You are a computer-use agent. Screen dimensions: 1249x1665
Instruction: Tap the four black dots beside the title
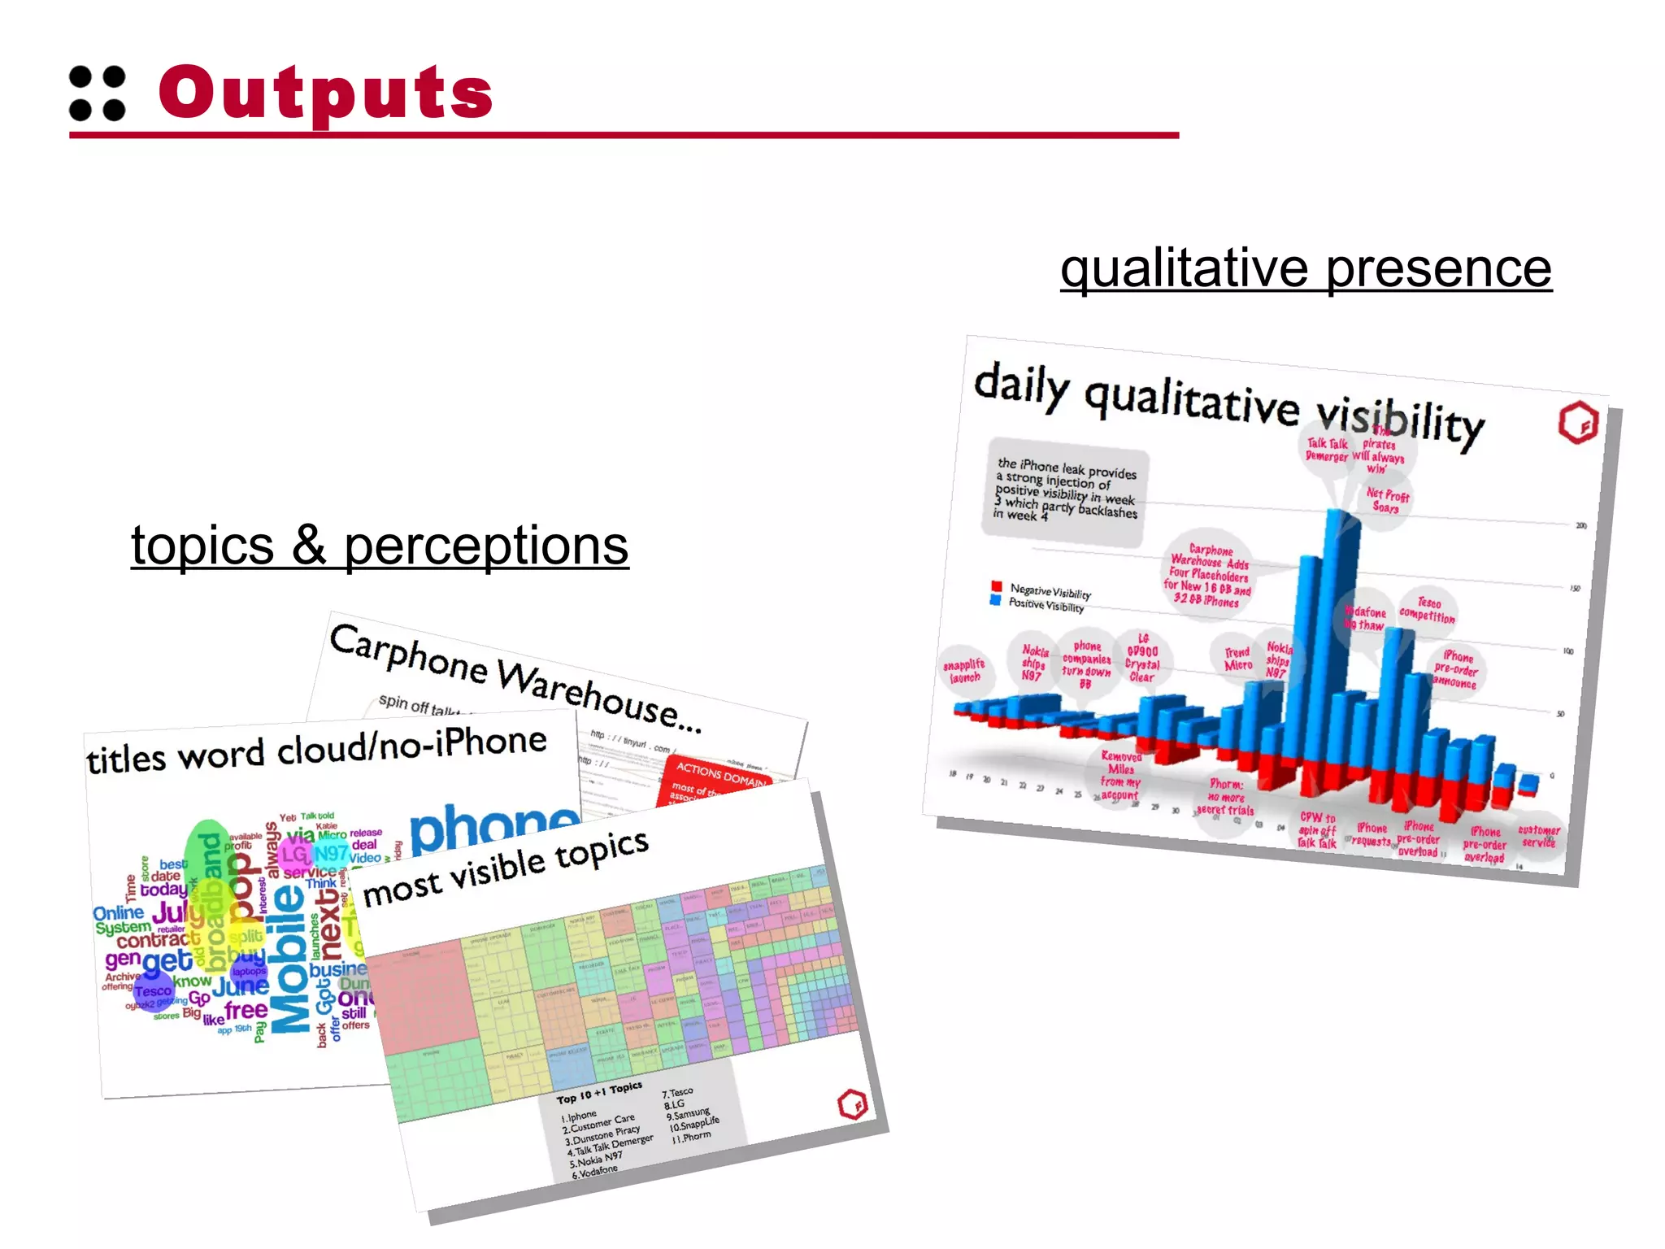click(98, 93)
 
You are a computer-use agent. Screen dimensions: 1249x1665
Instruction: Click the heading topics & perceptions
click(380, 545)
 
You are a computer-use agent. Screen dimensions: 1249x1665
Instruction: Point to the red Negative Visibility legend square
click(997, 585)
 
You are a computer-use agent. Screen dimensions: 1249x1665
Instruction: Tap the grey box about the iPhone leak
click(1065, 490)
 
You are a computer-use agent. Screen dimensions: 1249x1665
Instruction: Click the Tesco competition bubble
click(1428, 610)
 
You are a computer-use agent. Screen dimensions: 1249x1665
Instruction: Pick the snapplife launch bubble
click(965, 671)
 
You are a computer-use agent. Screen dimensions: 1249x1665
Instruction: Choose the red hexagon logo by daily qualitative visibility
click(1578, 423)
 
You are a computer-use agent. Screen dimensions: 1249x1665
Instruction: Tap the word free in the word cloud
click(246, 1010)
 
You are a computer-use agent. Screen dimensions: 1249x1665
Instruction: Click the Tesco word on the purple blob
click(153, 991)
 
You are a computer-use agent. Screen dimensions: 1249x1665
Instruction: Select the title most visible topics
click(505, 868)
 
